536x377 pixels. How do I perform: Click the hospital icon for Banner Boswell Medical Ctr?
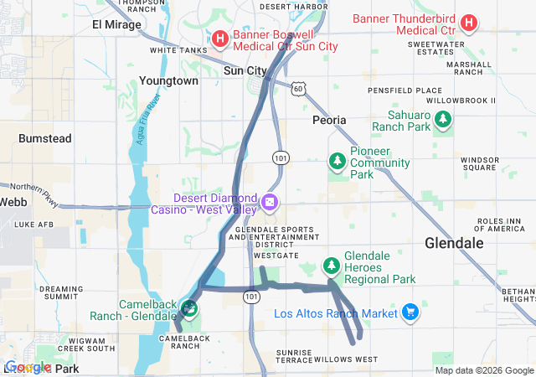click(219, 38)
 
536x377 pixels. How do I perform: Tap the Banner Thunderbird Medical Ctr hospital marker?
click(470, 23)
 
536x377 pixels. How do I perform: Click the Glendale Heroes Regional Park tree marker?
click(332, 266)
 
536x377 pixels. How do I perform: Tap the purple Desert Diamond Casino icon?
click(270, 202)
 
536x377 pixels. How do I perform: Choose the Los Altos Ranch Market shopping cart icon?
click(410, 313)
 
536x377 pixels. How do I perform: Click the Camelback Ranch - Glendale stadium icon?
click(189, 307)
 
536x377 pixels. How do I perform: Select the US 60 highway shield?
click(299, 87)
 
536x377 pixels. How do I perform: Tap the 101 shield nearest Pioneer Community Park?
click(281, 158)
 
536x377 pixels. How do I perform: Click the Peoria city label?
click(329, 120)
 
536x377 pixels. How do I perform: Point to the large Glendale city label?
click(454, 243)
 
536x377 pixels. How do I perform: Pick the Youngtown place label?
click(169, 81)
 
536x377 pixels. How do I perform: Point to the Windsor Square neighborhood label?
click(480, 163)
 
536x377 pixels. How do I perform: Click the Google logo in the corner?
click(28, 367)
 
